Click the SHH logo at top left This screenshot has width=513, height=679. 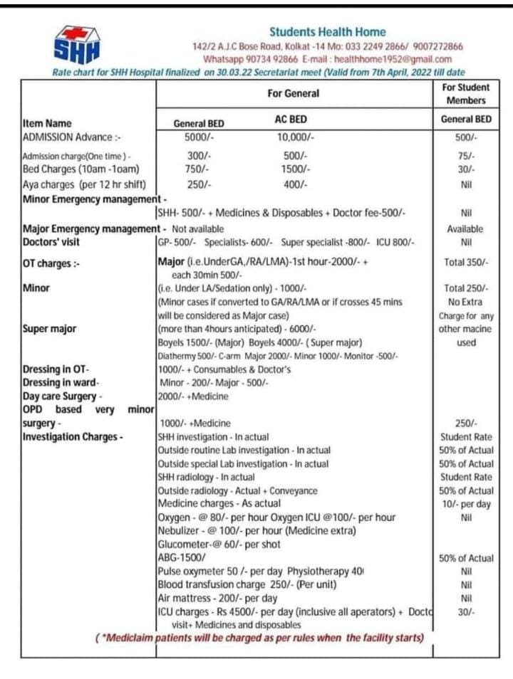click(78, 44)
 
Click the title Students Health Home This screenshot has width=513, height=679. click(328, 32)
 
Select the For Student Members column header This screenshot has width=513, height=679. click(466, 93)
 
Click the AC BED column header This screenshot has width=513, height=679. click(291, 120)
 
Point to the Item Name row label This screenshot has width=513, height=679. click(47, 123)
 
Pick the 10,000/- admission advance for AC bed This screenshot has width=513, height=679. click(296, 137)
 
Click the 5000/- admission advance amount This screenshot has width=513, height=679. click(199, 137)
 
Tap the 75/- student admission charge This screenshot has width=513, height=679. click(467, 156)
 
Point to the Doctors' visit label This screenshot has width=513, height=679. click(54, 242)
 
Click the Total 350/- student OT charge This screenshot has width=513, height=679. click(466, 263)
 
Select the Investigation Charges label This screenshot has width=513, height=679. click(73, 436)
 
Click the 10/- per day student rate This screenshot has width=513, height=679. click(466, 504)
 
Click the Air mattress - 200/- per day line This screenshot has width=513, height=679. click(217, 598)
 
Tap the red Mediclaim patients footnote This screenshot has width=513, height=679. click(260, 638)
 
